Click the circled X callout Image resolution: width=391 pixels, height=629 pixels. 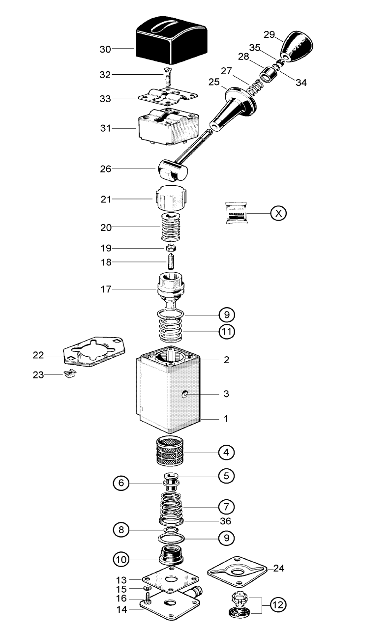pyautogui.click(x=278, y=213)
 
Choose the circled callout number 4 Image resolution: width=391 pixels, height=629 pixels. pyautogui.click(x=226, y=452)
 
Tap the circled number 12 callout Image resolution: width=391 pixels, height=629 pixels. pyautogui.click(x=278, y=605)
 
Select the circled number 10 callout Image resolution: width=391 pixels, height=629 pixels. pyautogui.click(x=121, y=559)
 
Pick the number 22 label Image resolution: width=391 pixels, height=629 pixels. pyautogui.click(x=38, y=355)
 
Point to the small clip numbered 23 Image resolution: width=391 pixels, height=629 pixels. pyautogui.click(x=70, y=375)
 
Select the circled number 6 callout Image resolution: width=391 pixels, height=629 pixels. pyautogui.click(x=121, y=484)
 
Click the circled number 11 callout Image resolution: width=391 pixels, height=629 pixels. pyautogui.click(x=227, y=332)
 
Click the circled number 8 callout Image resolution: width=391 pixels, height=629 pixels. pyautogui.click(x=121, y=530)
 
